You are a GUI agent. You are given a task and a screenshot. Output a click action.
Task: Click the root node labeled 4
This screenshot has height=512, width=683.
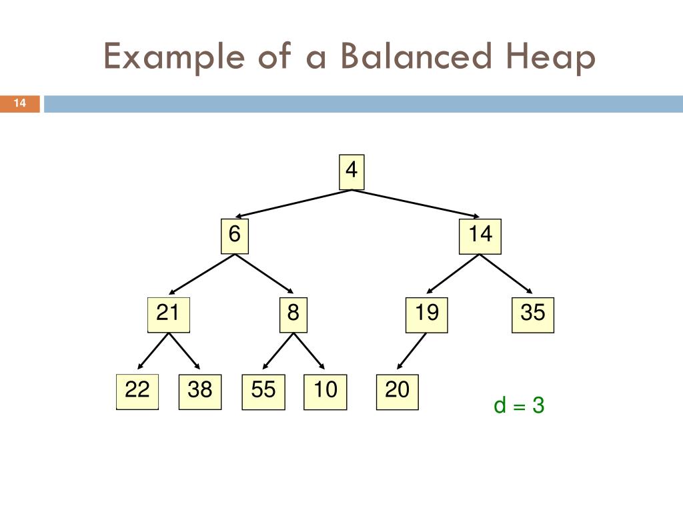click(x=351, y=172)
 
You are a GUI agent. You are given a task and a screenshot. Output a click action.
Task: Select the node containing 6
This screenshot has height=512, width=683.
click(x=234, y=237)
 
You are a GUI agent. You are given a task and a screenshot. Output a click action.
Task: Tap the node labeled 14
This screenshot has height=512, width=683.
click(x=480, y=237)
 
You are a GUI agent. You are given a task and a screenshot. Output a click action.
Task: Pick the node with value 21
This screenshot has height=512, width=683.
click(x=168, y=314)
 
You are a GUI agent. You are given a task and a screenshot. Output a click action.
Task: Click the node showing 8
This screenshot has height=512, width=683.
click(x=293, y=314)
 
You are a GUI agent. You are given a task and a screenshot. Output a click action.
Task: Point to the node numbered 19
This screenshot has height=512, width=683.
click(x=426, y=314)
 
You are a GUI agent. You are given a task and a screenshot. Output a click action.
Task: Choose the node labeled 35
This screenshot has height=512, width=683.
click(x=533, y=314)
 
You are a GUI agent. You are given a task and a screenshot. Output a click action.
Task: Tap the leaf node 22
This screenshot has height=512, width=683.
click(x=137, y=391)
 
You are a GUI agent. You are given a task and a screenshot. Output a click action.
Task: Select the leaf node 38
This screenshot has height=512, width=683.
click(x=199, y=391)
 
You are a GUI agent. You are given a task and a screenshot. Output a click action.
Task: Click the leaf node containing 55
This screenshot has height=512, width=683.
click(x=263, y=391)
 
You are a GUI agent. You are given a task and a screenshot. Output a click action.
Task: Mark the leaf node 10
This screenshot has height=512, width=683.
click(x=325, y=391)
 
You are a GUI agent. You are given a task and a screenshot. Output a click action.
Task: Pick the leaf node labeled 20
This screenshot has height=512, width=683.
click(x=397, y=391)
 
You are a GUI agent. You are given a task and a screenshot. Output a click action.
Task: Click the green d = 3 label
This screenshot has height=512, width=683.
click(x=519, y=405)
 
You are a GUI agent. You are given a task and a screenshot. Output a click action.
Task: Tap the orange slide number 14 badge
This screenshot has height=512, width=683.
click(x=20, y=103)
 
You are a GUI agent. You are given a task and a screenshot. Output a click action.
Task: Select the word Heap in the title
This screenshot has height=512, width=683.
click(x=547, y=58)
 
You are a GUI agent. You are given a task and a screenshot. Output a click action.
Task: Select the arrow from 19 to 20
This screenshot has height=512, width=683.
click(x=412, y=351)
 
